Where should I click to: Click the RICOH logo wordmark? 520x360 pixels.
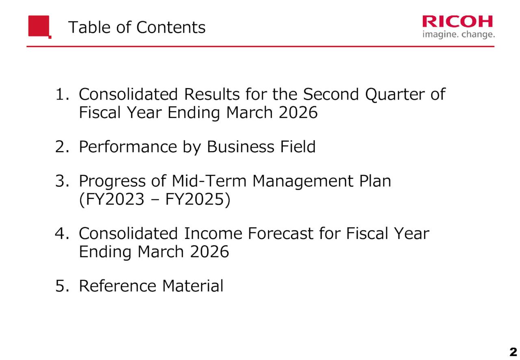[458, 22]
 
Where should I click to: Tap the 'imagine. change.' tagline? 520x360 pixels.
[458, 35]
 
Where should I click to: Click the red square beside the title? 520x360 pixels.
[39, 26]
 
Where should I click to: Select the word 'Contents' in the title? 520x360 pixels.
[171, 28]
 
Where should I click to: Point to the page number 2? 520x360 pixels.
[513, 351]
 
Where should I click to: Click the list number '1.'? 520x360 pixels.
[62, 95]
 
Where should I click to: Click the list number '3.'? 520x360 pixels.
[62, 181]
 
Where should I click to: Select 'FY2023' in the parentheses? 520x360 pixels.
[110, 200]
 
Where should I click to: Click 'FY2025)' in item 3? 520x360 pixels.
[198, 200]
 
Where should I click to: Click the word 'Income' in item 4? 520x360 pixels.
[210, 234]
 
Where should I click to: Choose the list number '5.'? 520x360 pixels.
[62, 286]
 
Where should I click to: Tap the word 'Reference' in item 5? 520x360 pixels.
[117, 286]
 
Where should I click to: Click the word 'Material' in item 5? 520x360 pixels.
[193, 286]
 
